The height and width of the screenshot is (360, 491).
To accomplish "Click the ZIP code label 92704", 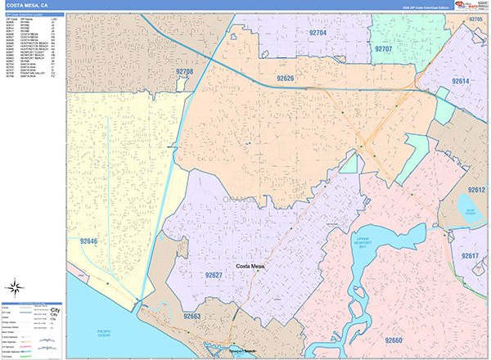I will [x=318, y=33].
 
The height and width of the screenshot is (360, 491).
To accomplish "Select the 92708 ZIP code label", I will [x=185, y=73].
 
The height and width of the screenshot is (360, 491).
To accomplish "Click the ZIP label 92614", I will [x=461, y=82].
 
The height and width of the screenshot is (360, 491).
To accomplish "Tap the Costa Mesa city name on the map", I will [x=253, y=267].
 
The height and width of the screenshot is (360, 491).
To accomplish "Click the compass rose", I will [x=15, y=286].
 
